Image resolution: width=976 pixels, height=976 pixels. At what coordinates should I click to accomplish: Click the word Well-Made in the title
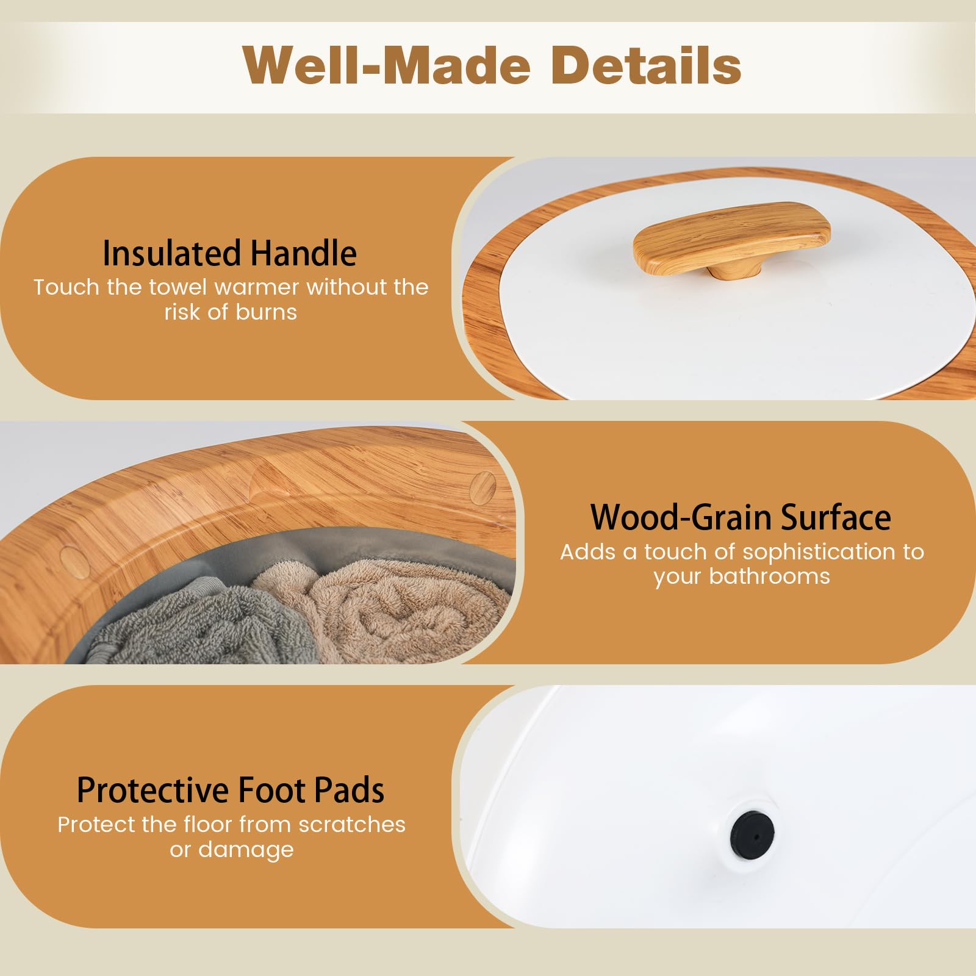tap(387, 65)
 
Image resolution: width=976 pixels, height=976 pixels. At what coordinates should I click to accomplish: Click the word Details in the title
tap(647, 65)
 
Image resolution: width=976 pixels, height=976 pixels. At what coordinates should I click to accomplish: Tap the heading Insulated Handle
tap(229, 253)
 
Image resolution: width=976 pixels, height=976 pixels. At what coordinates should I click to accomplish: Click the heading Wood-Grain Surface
tap(741, 517)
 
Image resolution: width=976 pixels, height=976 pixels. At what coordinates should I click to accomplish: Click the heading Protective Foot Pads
tap(231, 790)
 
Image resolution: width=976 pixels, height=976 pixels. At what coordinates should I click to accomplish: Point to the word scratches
tap(352, 825)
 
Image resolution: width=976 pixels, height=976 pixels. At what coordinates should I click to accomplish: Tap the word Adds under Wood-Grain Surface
tap(589, 552)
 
